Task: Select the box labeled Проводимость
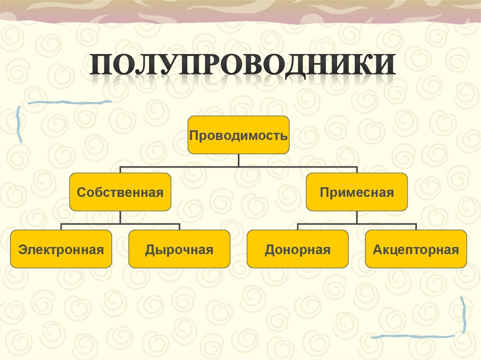(238, 135)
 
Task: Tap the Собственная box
(120, 192)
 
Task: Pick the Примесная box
(357, 192)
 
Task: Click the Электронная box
(61, 249)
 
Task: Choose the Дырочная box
(179, 249)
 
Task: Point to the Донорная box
(297, 249)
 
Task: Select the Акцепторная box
(416, 249)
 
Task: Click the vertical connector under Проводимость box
(238, 160)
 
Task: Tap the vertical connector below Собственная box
(120, 217)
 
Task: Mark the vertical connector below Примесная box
(357, 217)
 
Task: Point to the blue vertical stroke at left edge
(19, 124)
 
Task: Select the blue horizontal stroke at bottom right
(413, 336)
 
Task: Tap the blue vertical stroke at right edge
(464, 314)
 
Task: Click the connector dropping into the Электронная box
(61, 227)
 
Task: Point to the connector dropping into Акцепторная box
(416, 227)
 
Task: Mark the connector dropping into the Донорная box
(297, 227)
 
